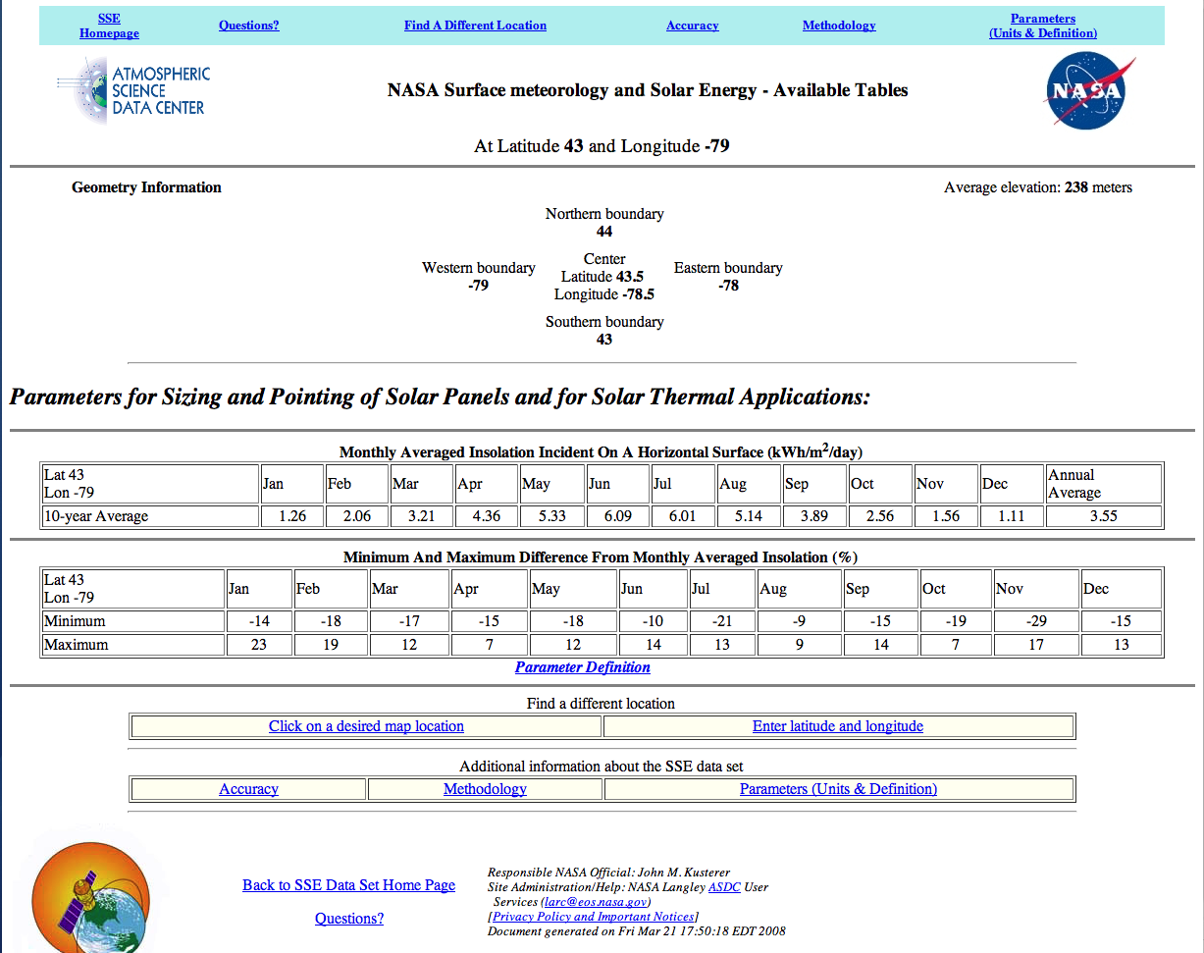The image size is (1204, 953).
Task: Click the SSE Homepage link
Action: [109, 26]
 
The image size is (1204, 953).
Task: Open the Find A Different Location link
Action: [475, 26]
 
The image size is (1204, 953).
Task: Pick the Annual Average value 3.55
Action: [1103, 516]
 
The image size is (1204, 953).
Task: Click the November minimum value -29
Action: [1036, 621]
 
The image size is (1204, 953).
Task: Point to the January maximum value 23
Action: [259, 645]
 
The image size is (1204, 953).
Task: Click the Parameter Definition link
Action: [583, 667]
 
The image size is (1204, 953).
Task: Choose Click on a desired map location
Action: [366, 726]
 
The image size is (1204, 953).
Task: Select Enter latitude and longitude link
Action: [838, 726]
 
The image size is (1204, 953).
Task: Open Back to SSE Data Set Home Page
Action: [348, 885]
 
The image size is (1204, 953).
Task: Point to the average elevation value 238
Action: [1076, 187]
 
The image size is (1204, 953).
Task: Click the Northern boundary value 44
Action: [604, 232]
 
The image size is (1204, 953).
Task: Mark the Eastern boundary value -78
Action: [728, 286]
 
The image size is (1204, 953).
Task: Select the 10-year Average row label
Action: [96, 516]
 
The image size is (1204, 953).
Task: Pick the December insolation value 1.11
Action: [1011, 516]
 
